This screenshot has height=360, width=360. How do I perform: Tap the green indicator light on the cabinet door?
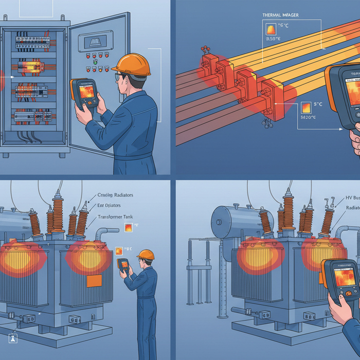(95, 62)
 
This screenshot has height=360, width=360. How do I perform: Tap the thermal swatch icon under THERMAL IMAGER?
(269, 27)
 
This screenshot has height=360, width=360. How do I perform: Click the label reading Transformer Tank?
(115, 217)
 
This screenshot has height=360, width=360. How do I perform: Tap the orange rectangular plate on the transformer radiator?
(94, 281)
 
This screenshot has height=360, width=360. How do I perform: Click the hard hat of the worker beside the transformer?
(146, 255)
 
